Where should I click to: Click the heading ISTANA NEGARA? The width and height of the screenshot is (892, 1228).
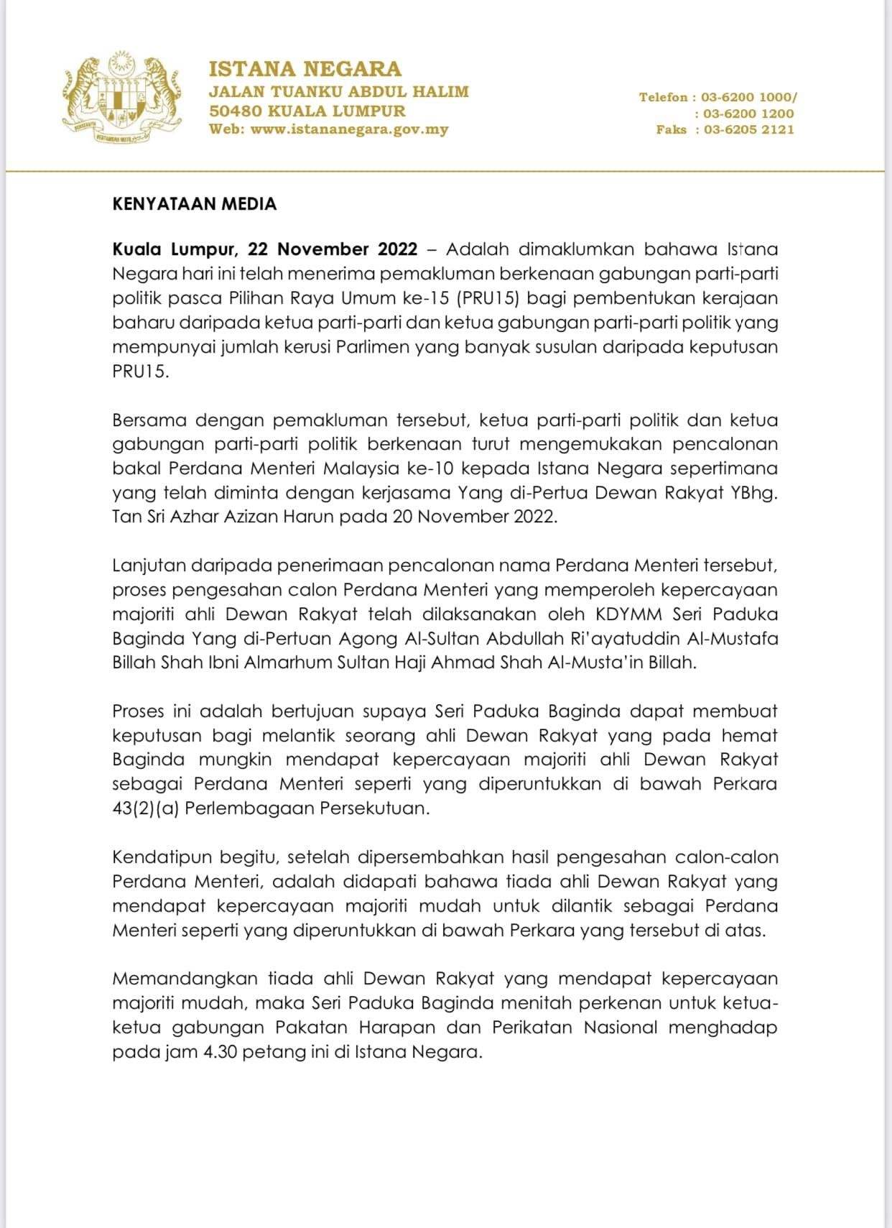coord(305,69)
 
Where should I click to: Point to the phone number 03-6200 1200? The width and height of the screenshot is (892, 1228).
coord(748,114)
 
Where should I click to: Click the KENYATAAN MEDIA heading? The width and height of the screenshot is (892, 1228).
coord(194,204)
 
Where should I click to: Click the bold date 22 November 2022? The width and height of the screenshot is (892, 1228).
coord(333,249)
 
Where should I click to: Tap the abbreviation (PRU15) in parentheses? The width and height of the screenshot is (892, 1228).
coord(487,298)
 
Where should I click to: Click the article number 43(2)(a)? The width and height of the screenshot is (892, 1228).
coord(146,808)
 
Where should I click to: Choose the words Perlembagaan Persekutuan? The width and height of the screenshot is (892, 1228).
coord(307,808)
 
